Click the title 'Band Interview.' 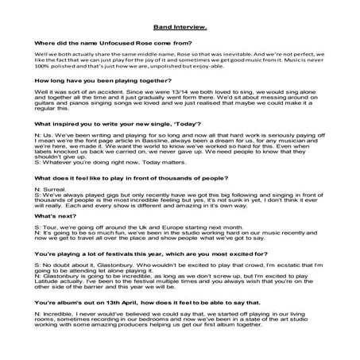(180, 26)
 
